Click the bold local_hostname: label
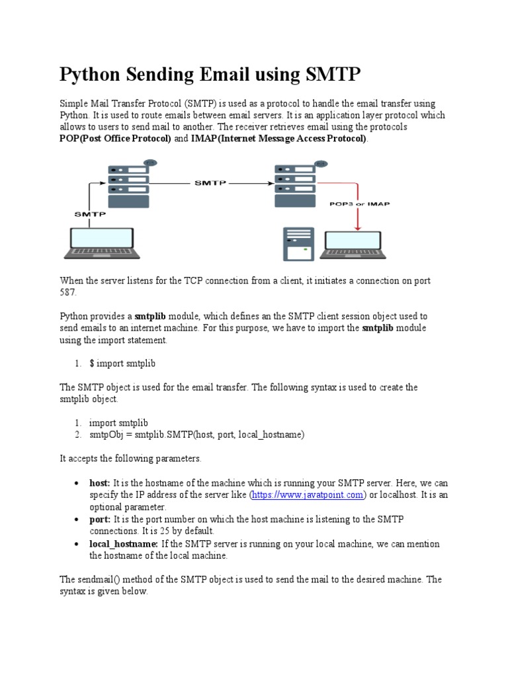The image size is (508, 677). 124,543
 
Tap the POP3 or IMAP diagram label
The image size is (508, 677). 359,204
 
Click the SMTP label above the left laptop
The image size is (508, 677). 89,214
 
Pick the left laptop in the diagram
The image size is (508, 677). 102,243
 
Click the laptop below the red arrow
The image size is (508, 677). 357,245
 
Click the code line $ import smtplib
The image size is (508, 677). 122,364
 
